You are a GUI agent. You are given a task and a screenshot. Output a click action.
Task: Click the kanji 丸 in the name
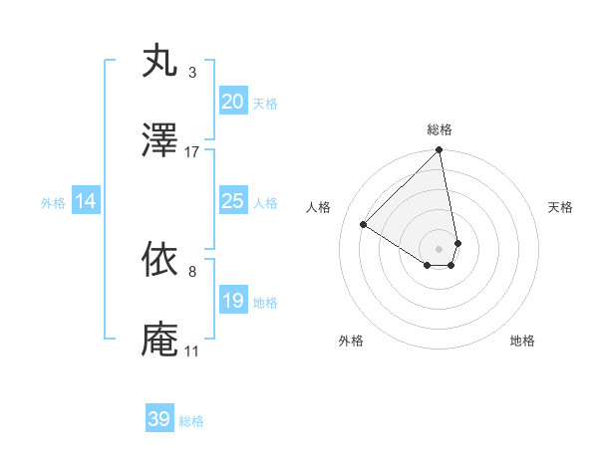(160, 62)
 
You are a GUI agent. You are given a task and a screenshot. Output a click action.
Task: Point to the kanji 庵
(160, 339)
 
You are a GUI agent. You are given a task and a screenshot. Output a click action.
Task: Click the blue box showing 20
(232, 101)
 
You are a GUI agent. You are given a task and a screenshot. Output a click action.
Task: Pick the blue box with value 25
(232, 201)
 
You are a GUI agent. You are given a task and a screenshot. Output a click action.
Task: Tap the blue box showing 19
(232, 300)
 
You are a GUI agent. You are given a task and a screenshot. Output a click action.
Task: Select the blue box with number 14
(86, 201)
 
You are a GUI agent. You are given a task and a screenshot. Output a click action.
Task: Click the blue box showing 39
(159, 419)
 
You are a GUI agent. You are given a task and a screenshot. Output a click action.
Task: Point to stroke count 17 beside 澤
(192, 152)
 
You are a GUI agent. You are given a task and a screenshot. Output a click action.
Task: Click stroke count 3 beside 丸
(192, 73)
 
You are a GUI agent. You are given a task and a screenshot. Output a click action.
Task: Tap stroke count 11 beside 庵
(191, 351)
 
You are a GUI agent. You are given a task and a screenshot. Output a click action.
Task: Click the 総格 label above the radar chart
(440, 129)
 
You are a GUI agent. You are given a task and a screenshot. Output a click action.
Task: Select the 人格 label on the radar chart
(319, 207)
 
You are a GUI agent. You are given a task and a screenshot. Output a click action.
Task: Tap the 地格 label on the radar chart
(522, 341)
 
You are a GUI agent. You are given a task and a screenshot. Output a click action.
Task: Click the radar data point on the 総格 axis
(440, 151)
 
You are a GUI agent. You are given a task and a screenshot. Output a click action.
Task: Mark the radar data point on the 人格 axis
(364, 225)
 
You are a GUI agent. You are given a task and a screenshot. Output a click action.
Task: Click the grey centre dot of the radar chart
(440, 248)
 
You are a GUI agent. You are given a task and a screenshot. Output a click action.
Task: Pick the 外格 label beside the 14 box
(53, 202)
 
